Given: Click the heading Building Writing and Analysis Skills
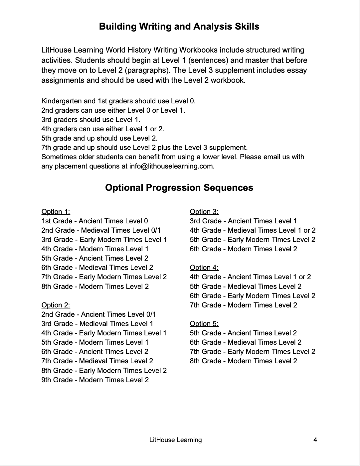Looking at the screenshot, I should coord(179,27).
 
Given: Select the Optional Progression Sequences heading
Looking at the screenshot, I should coord(179,188).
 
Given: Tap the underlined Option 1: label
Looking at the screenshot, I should coord(56,212).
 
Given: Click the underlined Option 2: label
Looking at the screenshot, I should coord(56,305).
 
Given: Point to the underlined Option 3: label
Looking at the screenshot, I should coord(204,212).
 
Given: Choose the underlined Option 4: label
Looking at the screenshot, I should coord(204,268).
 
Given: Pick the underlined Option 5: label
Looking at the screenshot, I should coord(204,324).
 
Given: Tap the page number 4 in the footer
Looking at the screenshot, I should coord(315,440).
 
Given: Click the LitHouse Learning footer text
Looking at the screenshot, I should coord(176,440).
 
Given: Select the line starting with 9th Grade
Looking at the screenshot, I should coord(95,380).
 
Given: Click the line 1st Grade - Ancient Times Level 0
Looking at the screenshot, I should coord(95,221).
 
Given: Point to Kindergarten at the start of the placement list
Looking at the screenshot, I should coord(62,101).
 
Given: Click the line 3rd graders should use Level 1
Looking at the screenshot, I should coord(91,120).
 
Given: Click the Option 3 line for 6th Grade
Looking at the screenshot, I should coord(244,249).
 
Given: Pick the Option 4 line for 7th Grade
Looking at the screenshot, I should coord(244,305).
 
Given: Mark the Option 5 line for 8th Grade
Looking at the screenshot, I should coord(244,361).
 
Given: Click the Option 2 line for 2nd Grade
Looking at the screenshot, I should coord(99,314).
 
